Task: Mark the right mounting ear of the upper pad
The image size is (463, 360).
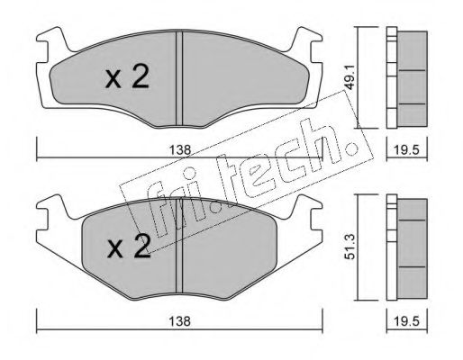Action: click(311, 46)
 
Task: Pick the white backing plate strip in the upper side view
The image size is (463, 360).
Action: click(391, 80)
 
